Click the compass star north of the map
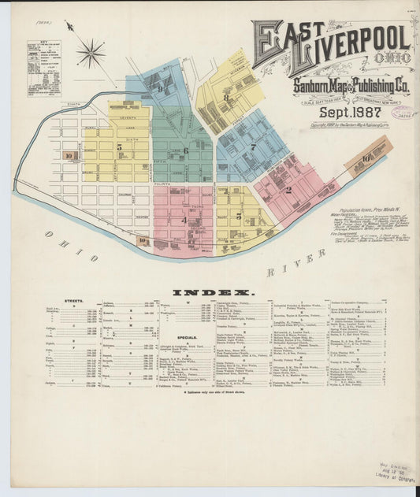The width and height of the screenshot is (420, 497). (x=91, y=54)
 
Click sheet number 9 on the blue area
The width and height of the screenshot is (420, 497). (x=159, y=90)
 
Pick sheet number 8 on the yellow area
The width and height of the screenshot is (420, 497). (x=227, y=99)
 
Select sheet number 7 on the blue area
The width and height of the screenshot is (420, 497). (x=253, y=147)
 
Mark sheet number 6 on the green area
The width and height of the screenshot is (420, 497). (x=186, y=150)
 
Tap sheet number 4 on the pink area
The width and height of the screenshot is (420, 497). (x=184, y=221)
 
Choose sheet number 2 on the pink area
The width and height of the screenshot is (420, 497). (x=288, y=190)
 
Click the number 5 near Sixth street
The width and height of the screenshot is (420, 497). (x=120, y=147)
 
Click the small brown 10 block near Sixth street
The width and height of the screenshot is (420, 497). (x=69, y=156)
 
